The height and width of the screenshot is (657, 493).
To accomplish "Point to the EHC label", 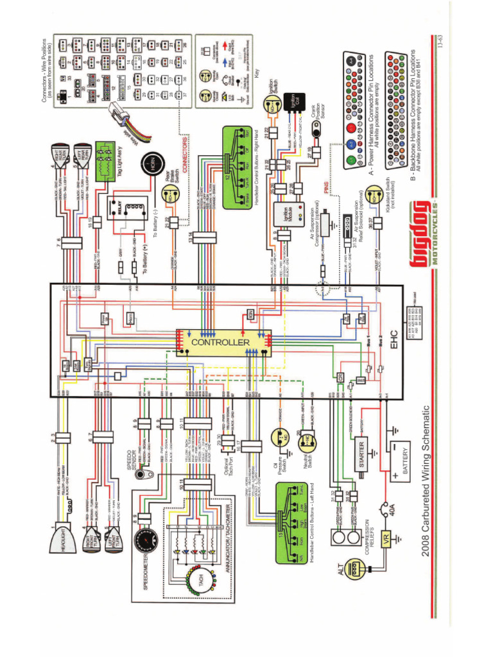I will tap(394, 335).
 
